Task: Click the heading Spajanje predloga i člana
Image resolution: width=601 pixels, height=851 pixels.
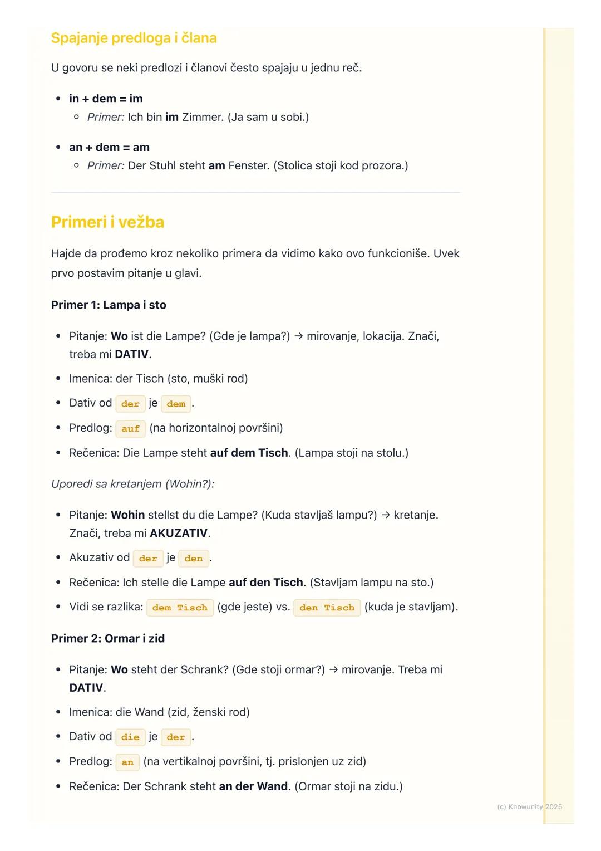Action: (x=134, y=38)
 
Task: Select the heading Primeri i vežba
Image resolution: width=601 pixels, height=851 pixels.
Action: (x=107, y=222)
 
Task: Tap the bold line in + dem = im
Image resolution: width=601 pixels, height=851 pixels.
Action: (x=106, y=99)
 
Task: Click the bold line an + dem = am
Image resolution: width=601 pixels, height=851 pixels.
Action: (x=109, y=147)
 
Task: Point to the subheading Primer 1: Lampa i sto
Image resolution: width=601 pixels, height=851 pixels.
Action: (x=109, y=305)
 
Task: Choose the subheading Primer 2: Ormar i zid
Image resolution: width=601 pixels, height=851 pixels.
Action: (x=108, y=638)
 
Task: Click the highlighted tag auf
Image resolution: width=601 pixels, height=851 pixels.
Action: (x=130, y=428)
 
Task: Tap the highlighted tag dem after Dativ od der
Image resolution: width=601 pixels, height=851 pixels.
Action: (x=176, y=404)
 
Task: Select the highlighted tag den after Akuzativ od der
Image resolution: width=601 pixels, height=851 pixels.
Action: (x=194, y=558)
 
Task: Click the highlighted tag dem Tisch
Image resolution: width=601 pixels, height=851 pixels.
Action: (x=180, y=608)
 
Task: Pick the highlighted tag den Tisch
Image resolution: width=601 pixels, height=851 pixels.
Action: (x=327, y=608)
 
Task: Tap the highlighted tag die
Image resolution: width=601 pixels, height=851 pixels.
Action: (x=130, y=737)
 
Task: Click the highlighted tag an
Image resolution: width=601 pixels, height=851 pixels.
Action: (x=127, y=762)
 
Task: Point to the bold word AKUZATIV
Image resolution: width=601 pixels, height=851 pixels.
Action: (x=179, y=533)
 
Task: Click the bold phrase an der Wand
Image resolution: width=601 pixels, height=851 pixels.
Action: (x=253, y=786)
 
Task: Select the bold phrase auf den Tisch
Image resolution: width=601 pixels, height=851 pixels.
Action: (x=266, y=583)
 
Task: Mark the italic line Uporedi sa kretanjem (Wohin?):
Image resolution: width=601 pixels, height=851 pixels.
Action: (x=132, y=483)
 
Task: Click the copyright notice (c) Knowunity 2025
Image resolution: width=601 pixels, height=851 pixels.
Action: (x=529, y=806)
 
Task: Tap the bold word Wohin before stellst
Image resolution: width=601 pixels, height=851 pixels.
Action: (x=127, y=515)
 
